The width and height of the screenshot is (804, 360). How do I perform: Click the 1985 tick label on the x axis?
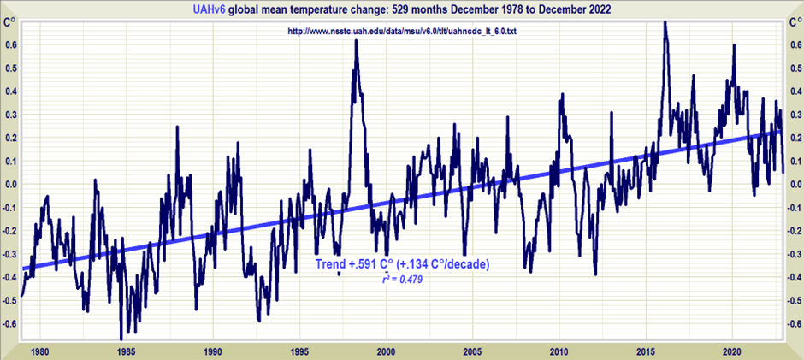[125, 351]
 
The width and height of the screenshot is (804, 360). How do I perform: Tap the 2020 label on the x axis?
[731, 351]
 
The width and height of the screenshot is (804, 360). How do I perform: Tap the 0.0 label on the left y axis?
[9, 184]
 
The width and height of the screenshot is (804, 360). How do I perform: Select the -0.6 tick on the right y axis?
[793, 324]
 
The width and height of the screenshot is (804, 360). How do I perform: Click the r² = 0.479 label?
[402, 280]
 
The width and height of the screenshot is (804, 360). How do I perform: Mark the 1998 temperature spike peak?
[356, 41]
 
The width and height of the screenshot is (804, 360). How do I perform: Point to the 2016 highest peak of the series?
[665, 22]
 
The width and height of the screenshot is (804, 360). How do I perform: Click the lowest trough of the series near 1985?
[121, 339]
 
